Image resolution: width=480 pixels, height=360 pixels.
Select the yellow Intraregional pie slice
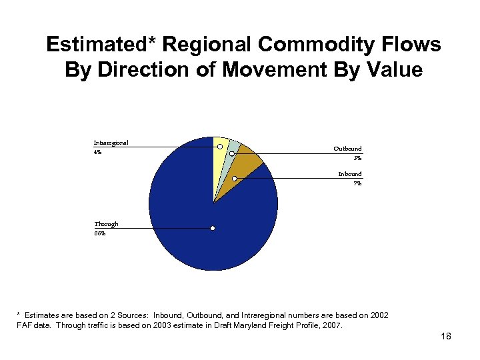tap(218, 160)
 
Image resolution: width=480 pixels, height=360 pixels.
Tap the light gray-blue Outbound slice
tap(233, 148)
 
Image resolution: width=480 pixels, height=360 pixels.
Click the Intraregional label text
tap(111, 142)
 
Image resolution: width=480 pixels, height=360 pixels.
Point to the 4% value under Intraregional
tap(97, 152)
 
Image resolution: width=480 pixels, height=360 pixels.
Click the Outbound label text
tap(347, 149)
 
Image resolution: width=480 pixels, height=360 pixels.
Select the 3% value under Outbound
tap(357, 158)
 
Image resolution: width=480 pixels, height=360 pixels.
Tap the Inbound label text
tap(349, 174)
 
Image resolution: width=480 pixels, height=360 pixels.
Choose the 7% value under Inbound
tap(357, 183)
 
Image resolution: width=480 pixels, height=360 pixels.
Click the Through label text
tap(106, 225)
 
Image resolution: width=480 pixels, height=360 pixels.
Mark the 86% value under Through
tap(99, 234)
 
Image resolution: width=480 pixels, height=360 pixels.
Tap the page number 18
tap(446, 337)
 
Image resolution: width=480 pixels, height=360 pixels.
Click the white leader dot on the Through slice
tap(213, 229)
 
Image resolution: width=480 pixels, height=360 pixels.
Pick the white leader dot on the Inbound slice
tap(235, 179)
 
